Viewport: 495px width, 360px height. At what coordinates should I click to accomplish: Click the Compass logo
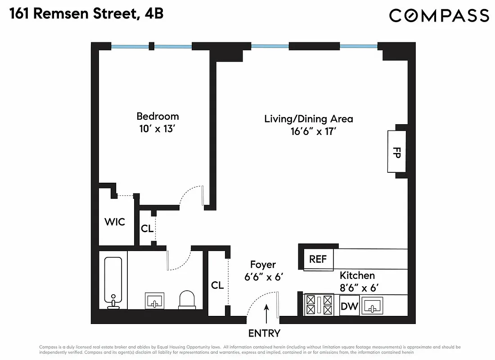click(439, 15)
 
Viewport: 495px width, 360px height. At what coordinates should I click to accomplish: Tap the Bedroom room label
click(157, 117)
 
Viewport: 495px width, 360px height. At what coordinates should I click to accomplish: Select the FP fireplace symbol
click(397, 152)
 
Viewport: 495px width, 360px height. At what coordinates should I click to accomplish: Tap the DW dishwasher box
click(349, 306)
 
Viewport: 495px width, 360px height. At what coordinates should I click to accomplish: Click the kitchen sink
click(372, 306)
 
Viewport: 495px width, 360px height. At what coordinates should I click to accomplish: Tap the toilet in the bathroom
click(187, 300)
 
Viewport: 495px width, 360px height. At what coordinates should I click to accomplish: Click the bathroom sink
click(155, 301)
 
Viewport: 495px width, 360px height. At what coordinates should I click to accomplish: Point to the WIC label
click(115, 222)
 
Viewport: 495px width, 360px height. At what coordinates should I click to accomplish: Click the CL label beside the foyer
click(217, 285)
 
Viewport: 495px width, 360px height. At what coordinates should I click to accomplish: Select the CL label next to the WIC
click(147, 228)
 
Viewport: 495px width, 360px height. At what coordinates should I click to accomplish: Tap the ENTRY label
click(264, 333)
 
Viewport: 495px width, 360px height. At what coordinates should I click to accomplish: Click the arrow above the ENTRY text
click(266, 314)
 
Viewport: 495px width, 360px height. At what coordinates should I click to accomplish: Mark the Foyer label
click(263, 265)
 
